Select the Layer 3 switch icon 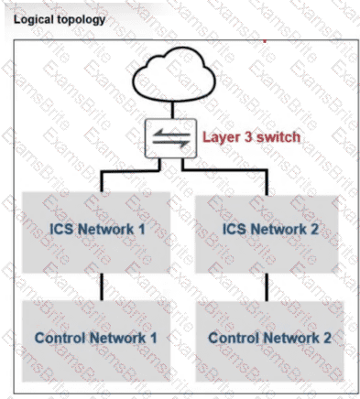point(170,138)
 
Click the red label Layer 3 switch point(251,137)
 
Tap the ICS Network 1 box point(96,232)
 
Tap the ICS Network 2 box point(267,234)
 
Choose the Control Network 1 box point(96,341)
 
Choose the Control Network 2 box point(270,341)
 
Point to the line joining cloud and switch point(172,110)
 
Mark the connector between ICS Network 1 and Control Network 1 point(102,286)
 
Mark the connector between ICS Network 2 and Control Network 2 point(267,287)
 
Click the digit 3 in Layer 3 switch point(248,136)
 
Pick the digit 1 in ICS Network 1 point(141,229)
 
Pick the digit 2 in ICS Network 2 point(314,229)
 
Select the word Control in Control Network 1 point(60,338)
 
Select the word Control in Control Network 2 point(234,338)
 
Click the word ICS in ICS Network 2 point(235,229)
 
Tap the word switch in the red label point(278,137)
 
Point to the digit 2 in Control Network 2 point(327,338)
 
